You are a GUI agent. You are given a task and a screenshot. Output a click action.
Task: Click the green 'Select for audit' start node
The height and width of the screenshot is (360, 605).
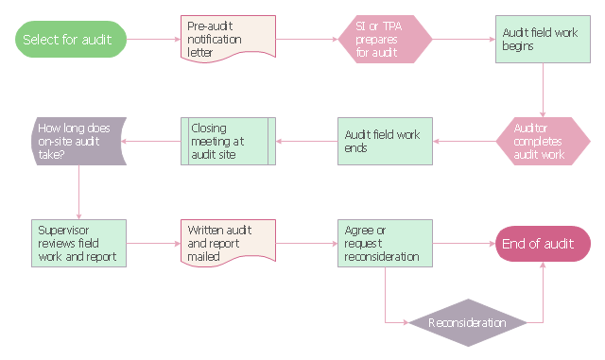pyautogui.click(x=71, y=39)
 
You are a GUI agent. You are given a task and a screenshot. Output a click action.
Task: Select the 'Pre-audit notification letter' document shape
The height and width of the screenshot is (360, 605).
pyautogui.click(x=228, y=39)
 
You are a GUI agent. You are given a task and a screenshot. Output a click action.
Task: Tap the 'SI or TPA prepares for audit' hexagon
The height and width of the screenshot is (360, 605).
pyautogui.click(x=385, y=39)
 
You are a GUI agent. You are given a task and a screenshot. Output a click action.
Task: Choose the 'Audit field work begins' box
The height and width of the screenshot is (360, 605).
pyautogui.click(x=543, y=39)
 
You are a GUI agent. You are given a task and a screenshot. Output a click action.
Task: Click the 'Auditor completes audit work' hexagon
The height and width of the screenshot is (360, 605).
pyautogui.click(x=543, y=141)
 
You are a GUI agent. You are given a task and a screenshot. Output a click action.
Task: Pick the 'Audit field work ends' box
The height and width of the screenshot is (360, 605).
pyautogui.click(x=385, y=141)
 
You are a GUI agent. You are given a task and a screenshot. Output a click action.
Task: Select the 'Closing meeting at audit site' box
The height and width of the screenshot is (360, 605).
pyautogui.click(x=228, y=141)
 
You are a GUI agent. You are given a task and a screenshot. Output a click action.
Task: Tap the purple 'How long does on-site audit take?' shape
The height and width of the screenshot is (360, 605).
pyautogui.click(x=78, y=141)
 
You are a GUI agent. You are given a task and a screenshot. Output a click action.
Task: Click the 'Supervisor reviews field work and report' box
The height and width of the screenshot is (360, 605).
pyautogui.click(x=78, y=244)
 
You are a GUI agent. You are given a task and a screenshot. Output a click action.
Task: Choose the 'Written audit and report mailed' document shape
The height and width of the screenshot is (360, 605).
pyautogui.click(x=228, y=243)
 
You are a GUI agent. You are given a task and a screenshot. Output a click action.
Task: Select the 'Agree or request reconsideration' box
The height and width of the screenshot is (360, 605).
pyautogui.click(x=385, y=244)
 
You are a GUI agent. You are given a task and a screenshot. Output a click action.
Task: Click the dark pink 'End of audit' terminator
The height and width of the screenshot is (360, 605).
pyautogui.click(x=543, y=244)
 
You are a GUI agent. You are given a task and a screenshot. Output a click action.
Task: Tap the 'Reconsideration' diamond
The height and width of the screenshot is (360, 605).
pyautogui.click(x=468, y=322)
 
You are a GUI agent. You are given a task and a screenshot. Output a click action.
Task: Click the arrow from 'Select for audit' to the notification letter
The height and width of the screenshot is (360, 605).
pyautogui.click(x=153, y=39)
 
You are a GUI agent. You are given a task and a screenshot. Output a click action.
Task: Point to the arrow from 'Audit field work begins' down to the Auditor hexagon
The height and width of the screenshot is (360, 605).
pyautogui.click(x=543, y=90)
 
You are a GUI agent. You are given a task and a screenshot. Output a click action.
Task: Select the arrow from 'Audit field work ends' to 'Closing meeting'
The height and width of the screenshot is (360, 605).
pyautogui.click(x=306, y=141)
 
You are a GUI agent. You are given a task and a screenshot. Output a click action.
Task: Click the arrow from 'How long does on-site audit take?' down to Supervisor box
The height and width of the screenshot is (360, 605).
pyautogui.click(x=78, y=193)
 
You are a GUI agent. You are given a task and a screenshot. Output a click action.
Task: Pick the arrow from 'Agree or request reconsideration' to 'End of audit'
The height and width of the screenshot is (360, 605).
pyautogui.click(x=464, y=244)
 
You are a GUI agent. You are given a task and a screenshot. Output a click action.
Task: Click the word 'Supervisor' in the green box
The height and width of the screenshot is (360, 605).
pyautogui.click(x=63, y=231)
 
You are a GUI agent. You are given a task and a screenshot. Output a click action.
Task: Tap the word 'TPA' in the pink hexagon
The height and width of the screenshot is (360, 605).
pyautogui.click(x=392, y=26)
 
